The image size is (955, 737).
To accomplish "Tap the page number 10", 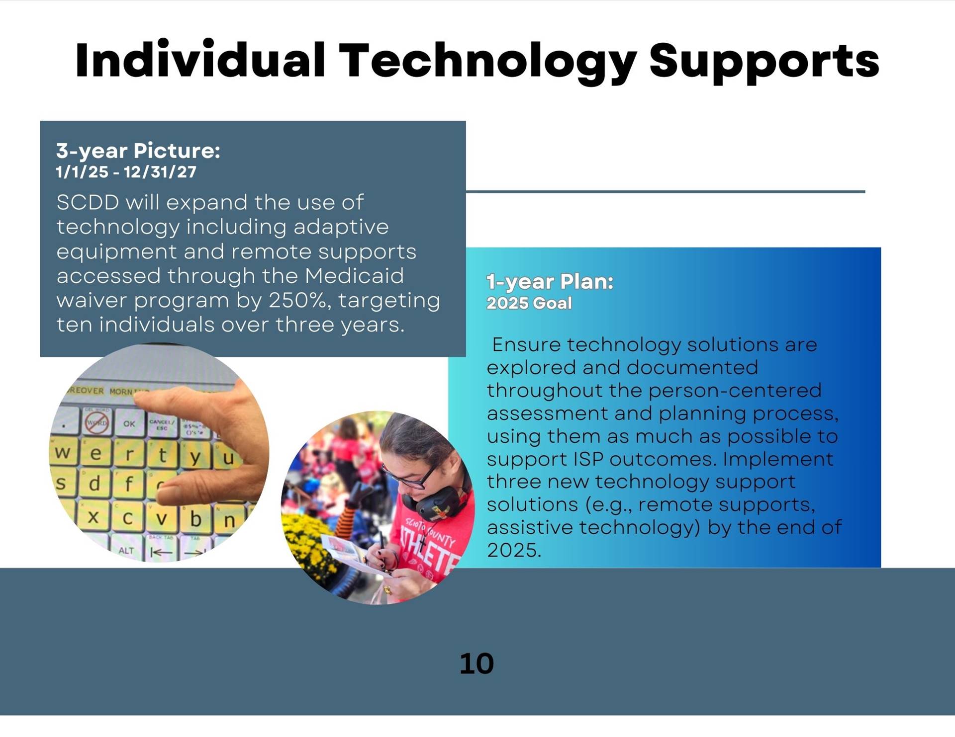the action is pos(477,663).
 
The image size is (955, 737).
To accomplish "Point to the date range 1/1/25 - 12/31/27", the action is pos(126,172).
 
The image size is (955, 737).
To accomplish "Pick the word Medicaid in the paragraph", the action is pos(354,276).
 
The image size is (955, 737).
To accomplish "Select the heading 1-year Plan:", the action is pos(550,282).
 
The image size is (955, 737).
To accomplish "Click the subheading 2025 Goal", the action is pos(529,303).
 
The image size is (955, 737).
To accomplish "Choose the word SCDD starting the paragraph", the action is pos(88,202).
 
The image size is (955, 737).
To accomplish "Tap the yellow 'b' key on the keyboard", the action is pos(195,519).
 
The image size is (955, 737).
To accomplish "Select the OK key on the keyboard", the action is pos(129,423).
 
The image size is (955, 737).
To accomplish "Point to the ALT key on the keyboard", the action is pos(126,550).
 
